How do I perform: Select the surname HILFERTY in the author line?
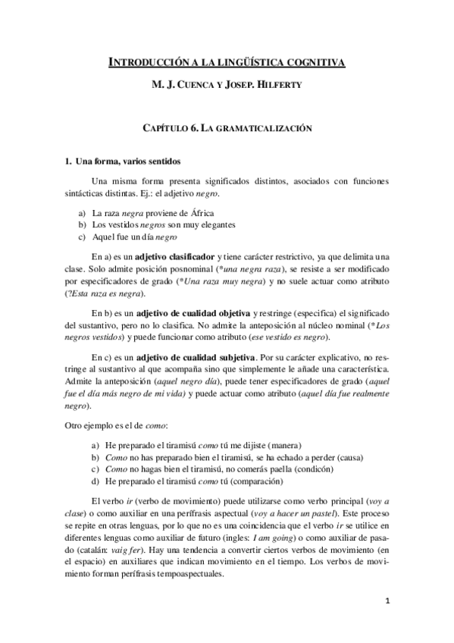tap(286, 85)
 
